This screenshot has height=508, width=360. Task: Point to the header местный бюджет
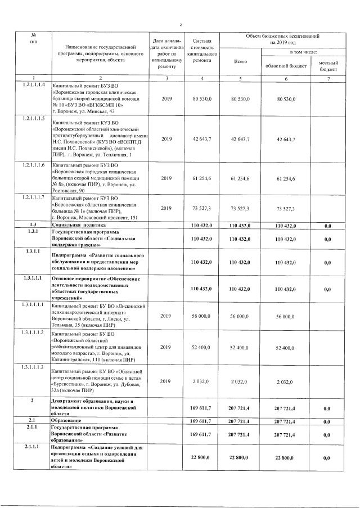pos(328,66)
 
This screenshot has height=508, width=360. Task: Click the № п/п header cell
pos(33,38)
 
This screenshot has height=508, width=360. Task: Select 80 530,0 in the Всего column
pos(240,99)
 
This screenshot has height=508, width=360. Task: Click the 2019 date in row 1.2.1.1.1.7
pos(166,208)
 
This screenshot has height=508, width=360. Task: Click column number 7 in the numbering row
pos(328,77)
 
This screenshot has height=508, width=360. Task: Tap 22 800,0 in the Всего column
pos(240,458)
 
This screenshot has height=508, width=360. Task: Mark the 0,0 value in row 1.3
pos(328,224)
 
